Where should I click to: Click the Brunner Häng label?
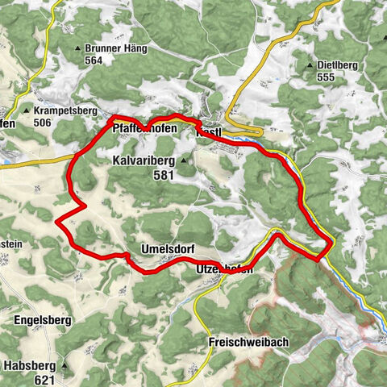[x=115, y=48]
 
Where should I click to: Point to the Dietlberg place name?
[x=338, y=64]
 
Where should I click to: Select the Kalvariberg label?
[x=143, y=161]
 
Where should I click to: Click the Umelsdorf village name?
[x=167, y=248]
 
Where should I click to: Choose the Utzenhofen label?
[x=224, y=271]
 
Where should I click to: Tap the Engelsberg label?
[x=43, y=320]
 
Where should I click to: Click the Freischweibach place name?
[x=248, y=342]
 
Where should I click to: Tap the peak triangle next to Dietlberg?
[x=310, y=64]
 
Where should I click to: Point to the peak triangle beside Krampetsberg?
[x=27, y=110]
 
